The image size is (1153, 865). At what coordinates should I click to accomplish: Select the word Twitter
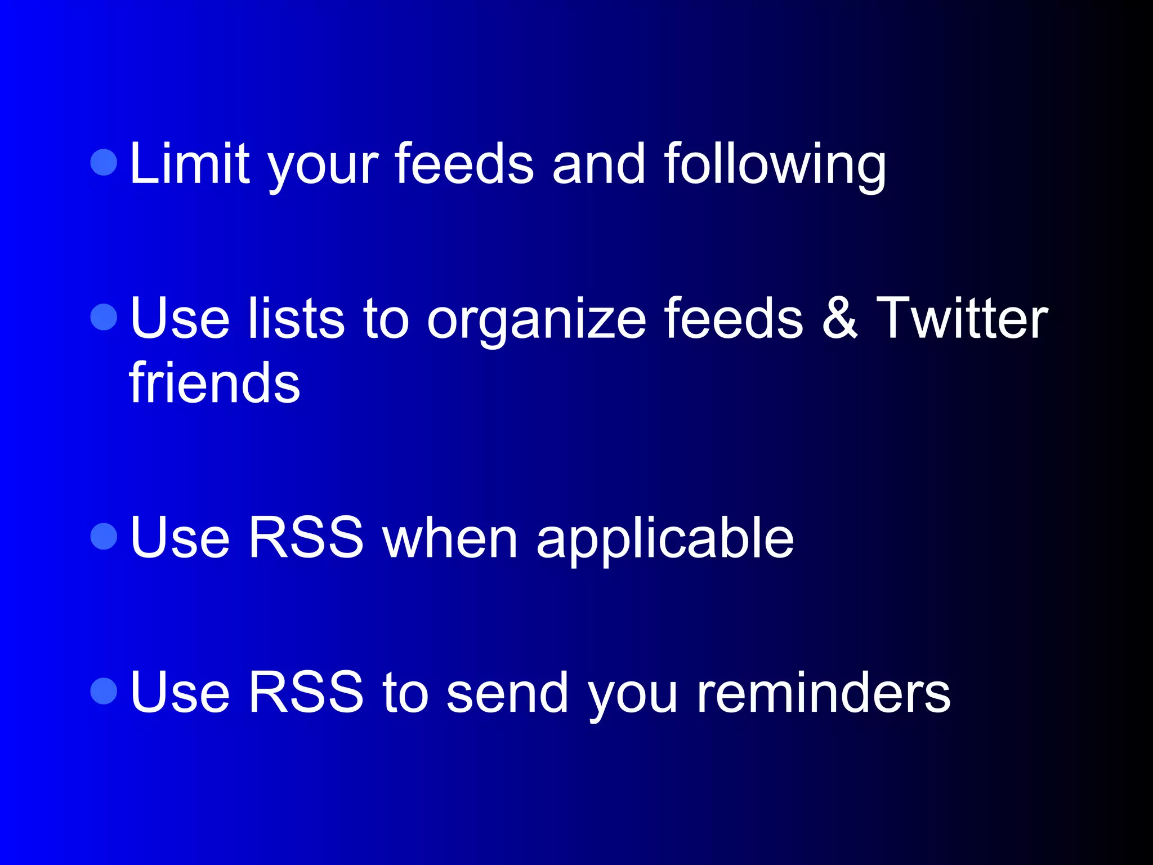[962, 319]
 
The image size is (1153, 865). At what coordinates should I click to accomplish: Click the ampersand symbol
[839, 319]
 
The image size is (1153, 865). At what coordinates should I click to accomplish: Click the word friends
[214, 383]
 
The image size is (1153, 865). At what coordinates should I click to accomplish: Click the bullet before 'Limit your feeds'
[104, 162]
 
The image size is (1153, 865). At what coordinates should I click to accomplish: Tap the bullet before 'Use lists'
[104, 317]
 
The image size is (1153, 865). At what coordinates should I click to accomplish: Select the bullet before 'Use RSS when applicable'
[104, 536]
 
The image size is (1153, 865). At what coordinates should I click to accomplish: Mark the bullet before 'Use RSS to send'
[104, 690]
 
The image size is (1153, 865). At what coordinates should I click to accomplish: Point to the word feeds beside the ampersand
[733, 319]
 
